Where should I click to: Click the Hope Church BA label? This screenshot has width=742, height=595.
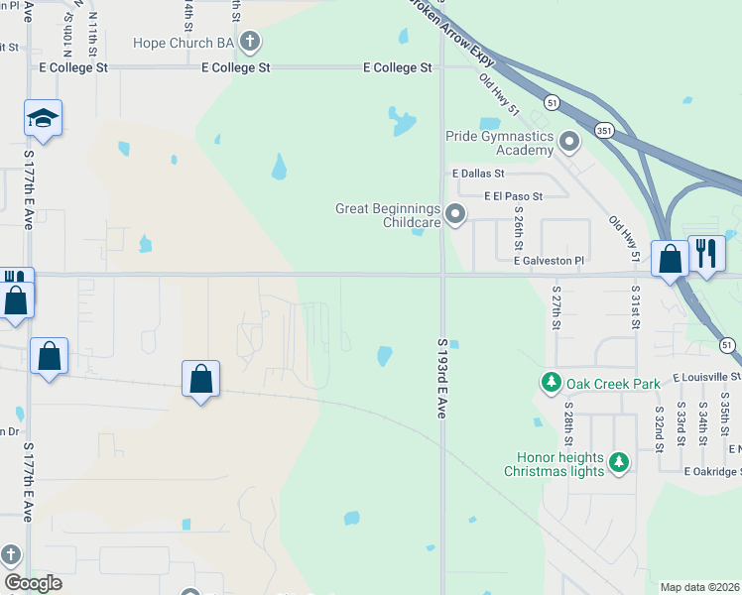pos(185,43)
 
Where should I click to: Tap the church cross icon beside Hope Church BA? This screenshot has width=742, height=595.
pos(250,42)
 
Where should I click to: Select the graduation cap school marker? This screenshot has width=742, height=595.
pos(43,119)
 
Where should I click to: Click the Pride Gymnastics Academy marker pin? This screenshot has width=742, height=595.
pos(568,142)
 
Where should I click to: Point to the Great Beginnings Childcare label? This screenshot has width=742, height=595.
pos(387,215)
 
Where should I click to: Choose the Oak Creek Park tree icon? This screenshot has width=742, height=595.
pos(550,382)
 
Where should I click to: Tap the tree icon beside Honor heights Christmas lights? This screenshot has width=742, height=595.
pos(619,462)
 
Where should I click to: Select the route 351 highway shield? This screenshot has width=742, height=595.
pos(603,130)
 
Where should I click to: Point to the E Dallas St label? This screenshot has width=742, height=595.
pos(478,174)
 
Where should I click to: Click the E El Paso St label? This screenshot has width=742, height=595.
pos(513,196)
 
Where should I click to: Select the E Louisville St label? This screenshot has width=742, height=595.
pos(705,378)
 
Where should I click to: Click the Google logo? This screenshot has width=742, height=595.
pos(33,583)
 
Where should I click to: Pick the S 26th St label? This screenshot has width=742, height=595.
pos(519,227)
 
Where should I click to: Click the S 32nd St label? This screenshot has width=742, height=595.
pos(659,427)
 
